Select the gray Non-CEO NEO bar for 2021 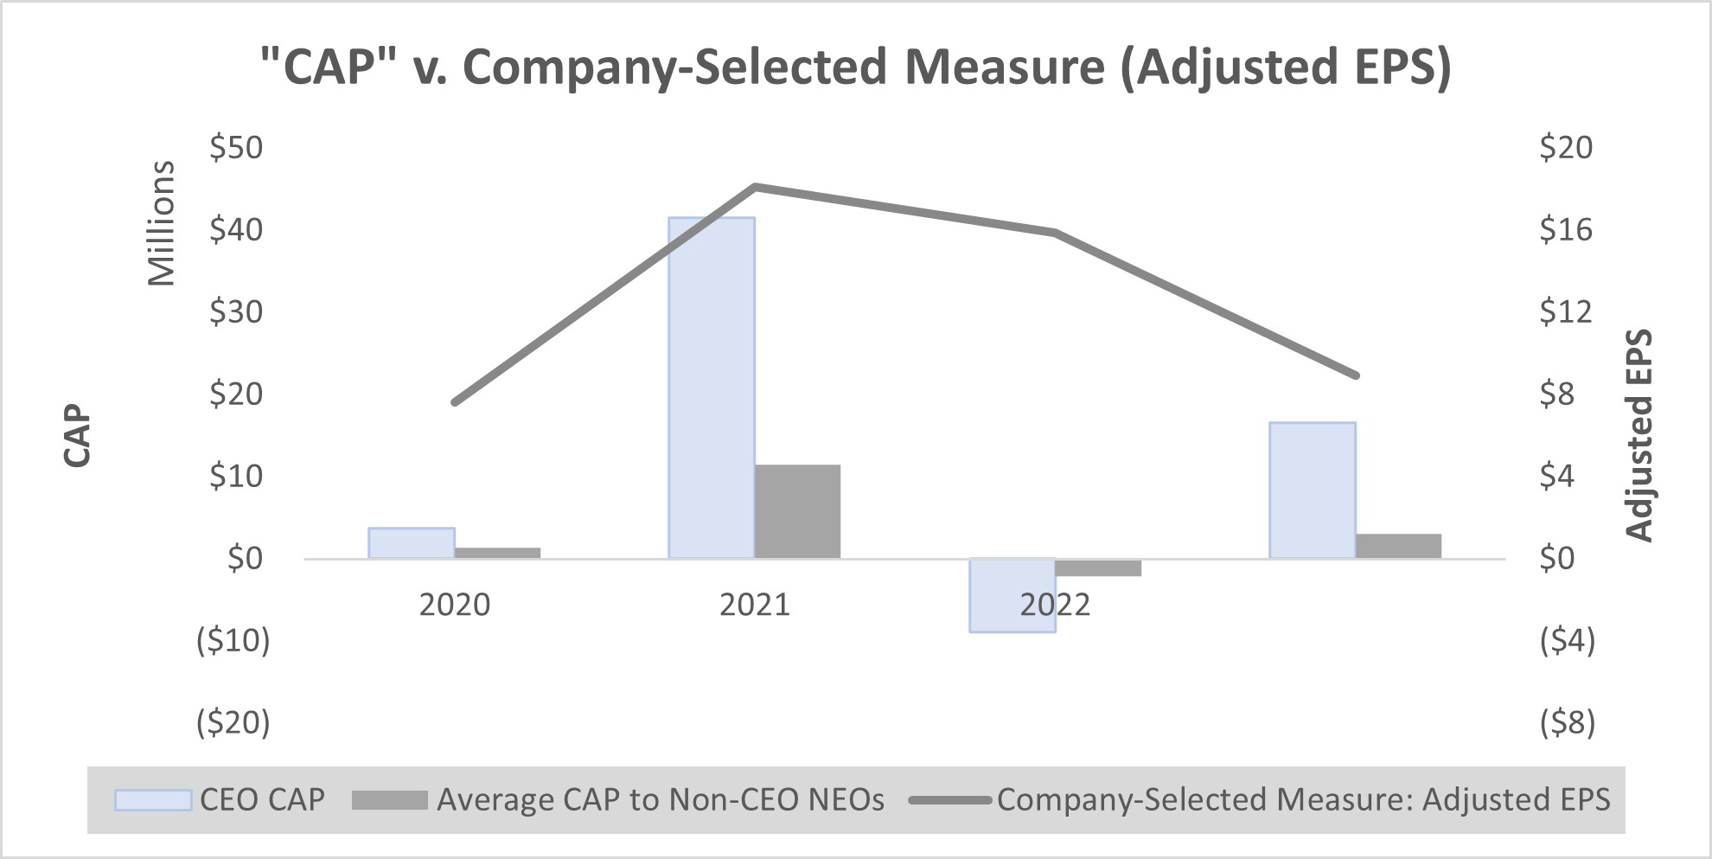[796, 511]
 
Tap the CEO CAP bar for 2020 [411, 542]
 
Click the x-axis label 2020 [454, 605]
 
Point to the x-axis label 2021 [754, 605]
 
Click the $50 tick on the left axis [236, 148]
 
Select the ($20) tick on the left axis [233, 721]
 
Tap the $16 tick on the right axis [1565, 230]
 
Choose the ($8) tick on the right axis [1567, 721]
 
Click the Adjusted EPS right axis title [1639, 435]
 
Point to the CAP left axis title [77, 435]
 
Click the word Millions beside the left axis [162, 223]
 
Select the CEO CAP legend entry [220, 799]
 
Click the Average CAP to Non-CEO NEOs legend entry [618, 799]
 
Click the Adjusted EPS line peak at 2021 [755, 186]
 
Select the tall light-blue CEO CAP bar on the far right [1312, 490]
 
